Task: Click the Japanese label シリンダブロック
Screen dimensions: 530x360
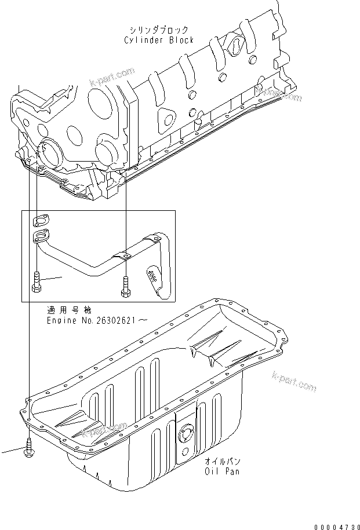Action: click(158, 30)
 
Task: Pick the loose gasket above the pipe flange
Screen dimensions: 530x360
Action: click(41, 220)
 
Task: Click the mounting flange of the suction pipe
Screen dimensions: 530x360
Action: click(41, 235)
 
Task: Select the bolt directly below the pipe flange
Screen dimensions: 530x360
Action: click(36, 281)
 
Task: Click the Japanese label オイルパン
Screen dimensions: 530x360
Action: click(222, 461)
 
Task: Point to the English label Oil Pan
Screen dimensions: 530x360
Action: click(222, 471)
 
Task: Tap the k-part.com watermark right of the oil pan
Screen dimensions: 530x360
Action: click(294, 383)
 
